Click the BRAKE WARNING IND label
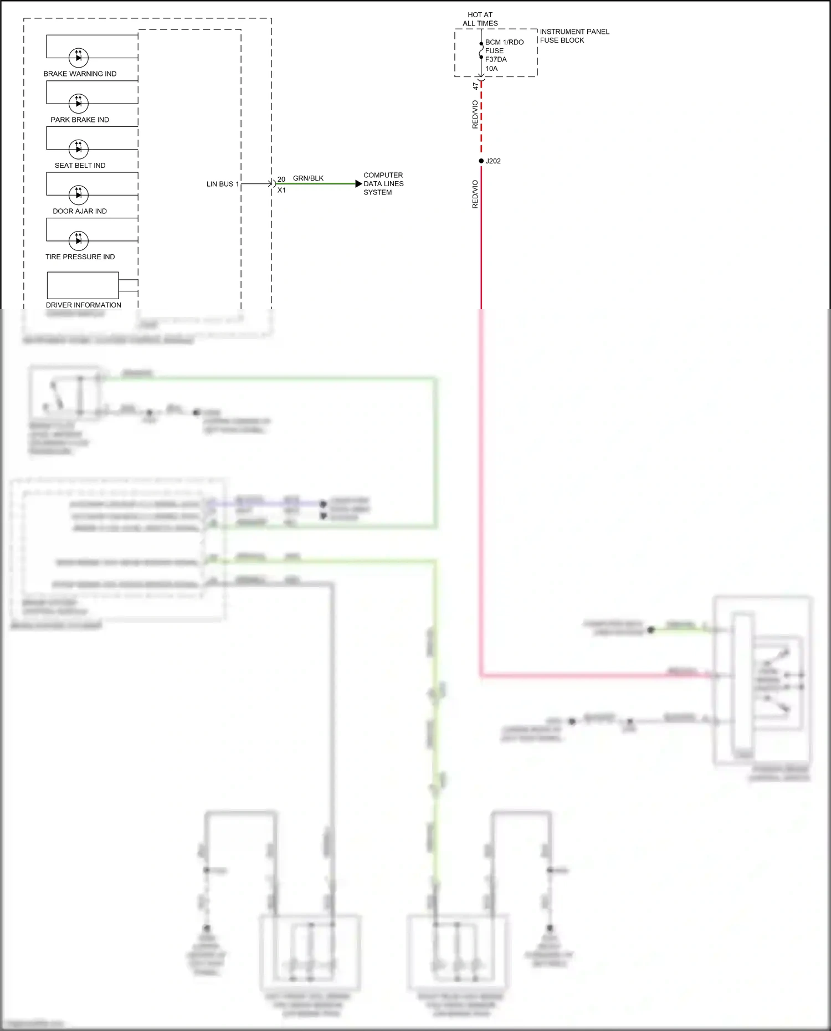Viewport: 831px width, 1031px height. click(x=80, y=74)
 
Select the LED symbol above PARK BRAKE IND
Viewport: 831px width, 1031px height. click(x=78, y=103)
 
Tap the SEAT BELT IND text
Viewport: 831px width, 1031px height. click(x=80, y=165)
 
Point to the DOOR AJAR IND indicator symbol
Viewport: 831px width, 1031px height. click(x=78, y=194)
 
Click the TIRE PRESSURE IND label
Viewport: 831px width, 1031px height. click(x=80, y=257)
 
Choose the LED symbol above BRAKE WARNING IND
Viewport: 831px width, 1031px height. click(x=78, y=57)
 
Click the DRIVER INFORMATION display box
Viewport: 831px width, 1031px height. click(x=83, y=285)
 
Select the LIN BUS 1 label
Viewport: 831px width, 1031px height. click(x=222, y=184)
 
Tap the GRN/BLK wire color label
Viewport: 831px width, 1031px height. click(x=308, y=178)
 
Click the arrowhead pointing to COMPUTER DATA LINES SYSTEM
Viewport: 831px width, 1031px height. click(x=358, y=184)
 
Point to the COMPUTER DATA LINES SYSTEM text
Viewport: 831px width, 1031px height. click(x=383, y=183)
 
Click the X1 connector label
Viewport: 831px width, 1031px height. click(x=281, y=190)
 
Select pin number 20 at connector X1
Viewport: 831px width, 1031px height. click(x=281, y=179)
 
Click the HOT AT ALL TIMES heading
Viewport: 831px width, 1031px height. click(x=480, y=19)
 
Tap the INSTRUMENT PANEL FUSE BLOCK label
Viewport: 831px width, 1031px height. click(x=574, y=36)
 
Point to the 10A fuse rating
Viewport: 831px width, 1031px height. click(x=491, y=69)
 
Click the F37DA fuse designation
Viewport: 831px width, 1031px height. click(x=496, y=59)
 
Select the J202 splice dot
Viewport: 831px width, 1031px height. click(x=481, y=161)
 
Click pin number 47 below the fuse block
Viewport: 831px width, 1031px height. click(x=475, y=86)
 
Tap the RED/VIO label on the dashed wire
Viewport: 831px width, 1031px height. click(x=475, y=114)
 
